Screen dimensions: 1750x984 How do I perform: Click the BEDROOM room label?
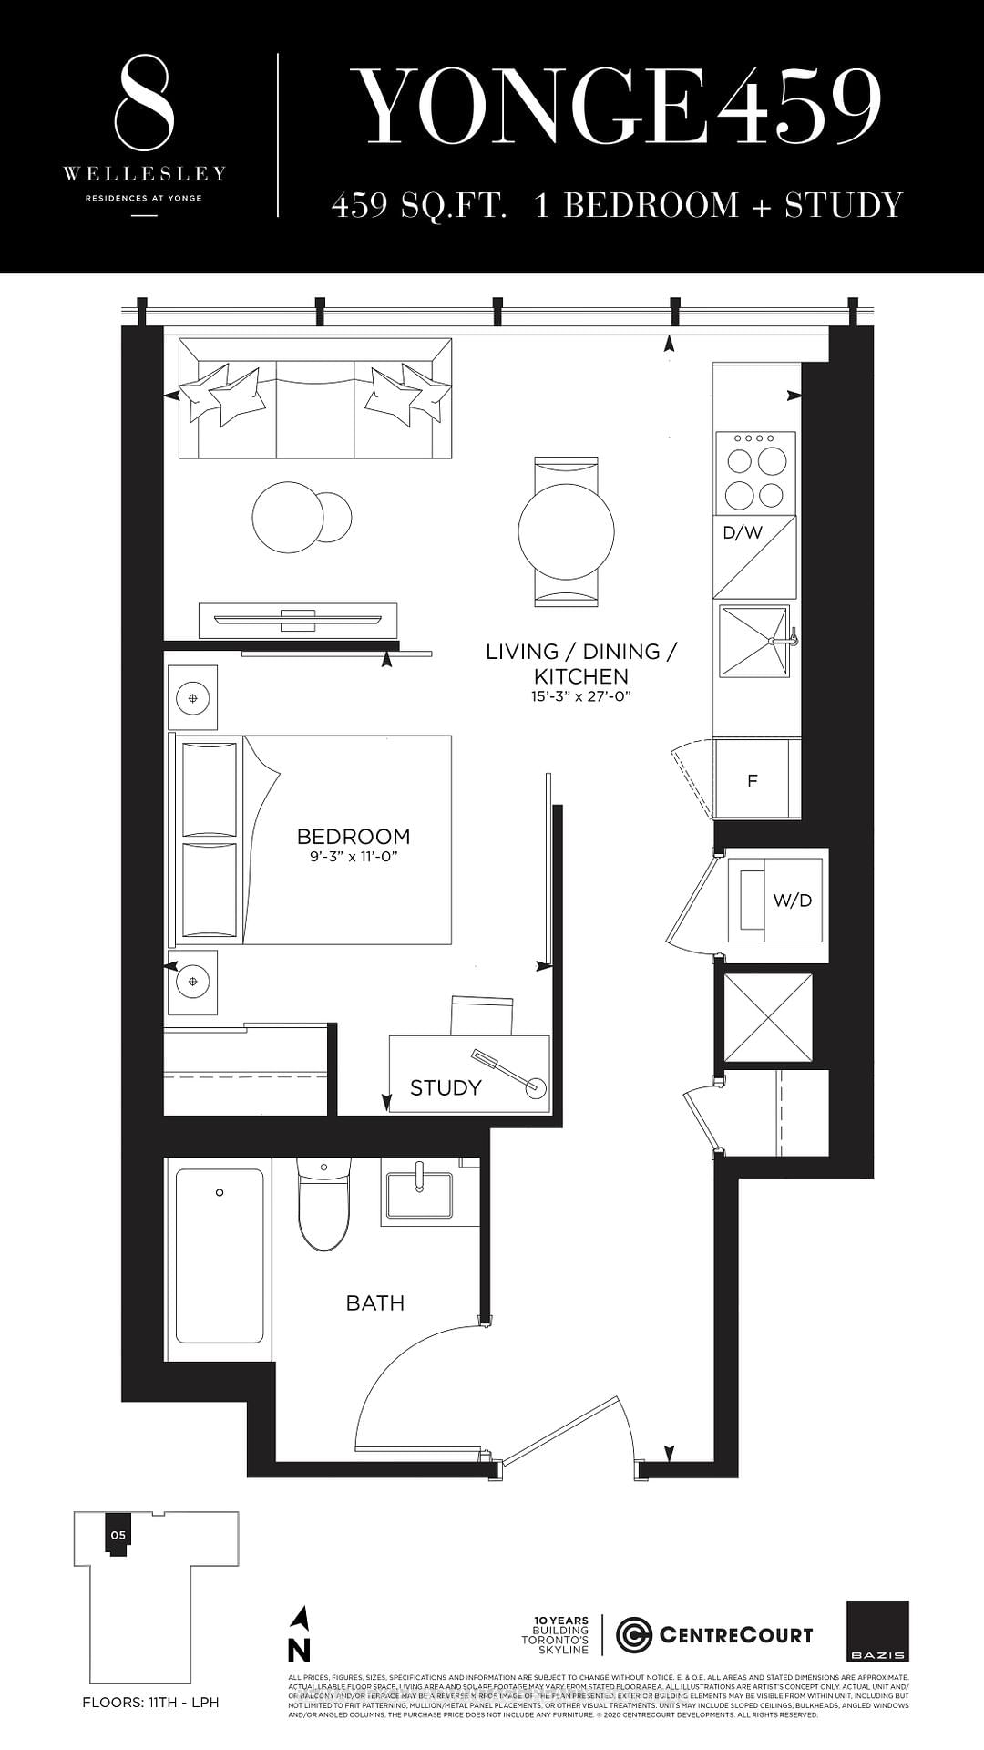354,836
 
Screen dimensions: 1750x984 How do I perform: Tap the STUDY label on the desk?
446,1087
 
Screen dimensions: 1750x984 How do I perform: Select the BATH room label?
374,1302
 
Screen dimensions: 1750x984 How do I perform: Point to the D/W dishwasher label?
743,532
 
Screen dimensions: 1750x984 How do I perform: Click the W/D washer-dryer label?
792,901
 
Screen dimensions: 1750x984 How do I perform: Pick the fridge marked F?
753,781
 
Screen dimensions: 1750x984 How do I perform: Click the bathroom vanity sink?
419,1195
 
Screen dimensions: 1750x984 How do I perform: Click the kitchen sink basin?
753,642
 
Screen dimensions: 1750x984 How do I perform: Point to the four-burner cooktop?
755,470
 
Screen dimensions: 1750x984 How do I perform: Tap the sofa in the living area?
315,398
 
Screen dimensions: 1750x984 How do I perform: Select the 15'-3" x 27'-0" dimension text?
582,696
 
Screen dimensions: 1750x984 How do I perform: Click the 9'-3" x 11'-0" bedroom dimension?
354,857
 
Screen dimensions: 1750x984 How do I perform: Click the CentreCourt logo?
715,1635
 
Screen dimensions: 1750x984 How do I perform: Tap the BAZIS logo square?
877,1632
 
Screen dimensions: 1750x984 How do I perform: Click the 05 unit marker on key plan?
118,1535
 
